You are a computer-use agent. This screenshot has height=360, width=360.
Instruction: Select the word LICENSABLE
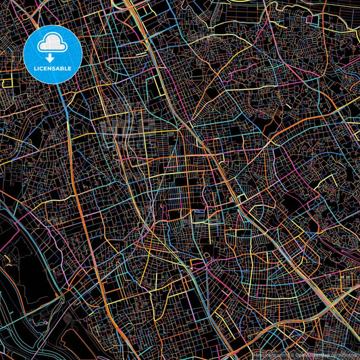click(51, 70)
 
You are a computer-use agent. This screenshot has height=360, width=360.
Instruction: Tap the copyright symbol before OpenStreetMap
click(286, 354)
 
